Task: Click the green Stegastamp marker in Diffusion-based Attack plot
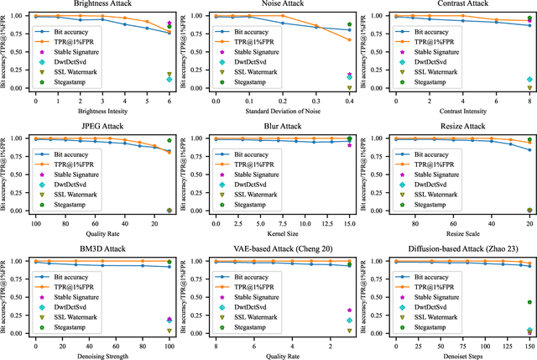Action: pyautogui.click(x=529, y=302)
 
